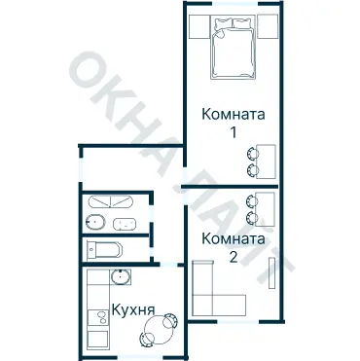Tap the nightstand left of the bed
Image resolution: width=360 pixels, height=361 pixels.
pyautogui.click(x=198, y=23)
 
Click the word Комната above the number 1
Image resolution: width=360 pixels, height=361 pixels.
pyautogui.click(x=233, y=113)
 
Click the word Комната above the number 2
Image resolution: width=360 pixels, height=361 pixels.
pyautogui.click(x=234, y=238)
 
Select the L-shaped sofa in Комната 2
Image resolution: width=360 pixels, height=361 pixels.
pyautogui.click(x=209, y=292)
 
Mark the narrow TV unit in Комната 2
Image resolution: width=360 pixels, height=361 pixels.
pyautogui.click(x=272, y=269)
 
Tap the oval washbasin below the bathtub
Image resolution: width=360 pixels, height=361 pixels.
pyautogui.click(x=123, y=224)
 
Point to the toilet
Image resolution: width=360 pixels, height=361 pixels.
pyautogui.click(x=102, y=249)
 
